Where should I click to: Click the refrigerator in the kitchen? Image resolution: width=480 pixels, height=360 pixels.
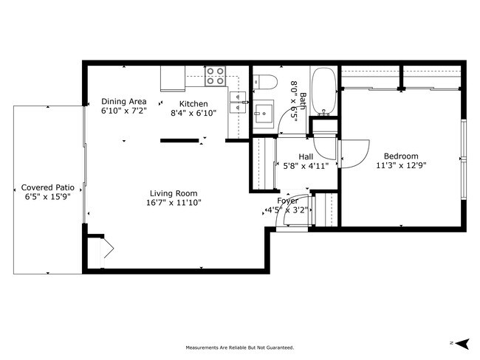pos(173,77)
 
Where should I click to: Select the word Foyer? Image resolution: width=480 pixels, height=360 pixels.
pos(288,201)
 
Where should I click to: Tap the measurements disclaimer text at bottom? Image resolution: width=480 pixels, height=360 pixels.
pos(239,347)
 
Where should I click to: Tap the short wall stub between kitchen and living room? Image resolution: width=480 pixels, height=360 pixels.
pos(179,140)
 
